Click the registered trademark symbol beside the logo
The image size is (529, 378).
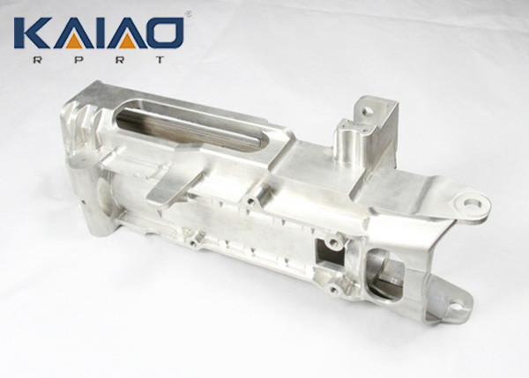click(187, 15)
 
